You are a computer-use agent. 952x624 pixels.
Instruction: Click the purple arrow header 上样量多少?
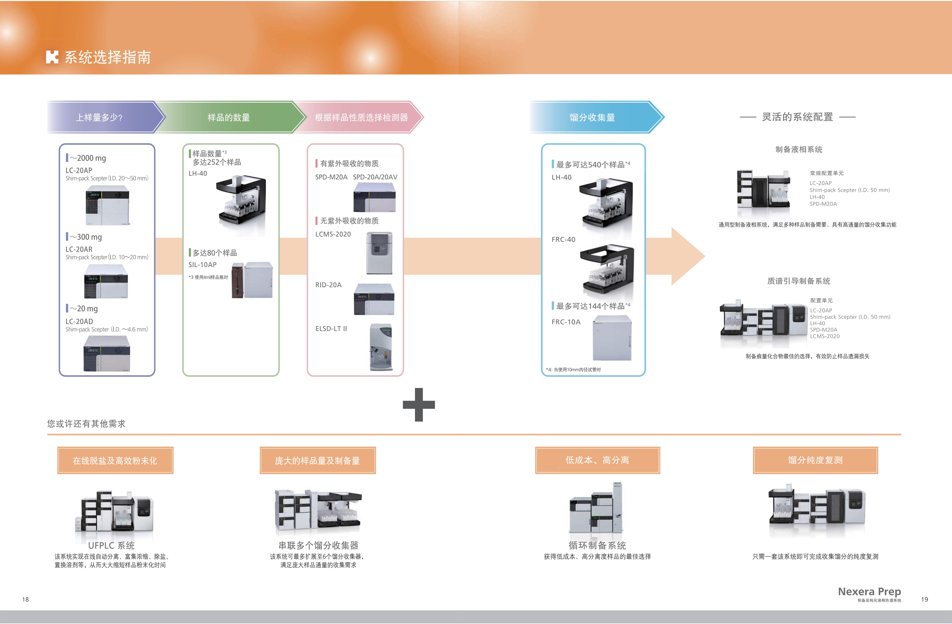[x=100, y=117]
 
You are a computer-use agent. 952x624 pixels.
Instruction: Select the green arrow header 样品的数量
[x=229, y=117]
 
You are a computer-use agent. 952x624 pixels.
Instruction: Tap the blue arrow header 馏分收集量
[x=592, y=117]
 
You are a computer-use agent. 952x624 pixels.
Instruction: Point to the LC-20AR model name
[x=79, y=249]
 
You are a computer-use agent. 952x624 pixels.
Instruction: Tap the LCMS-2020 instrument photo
[x=379, y=253]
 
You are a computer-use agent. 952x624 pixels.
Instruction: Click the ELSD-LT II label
[x=331, y=329]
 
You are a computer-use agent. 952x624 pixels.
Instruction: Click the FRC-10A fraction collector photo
[x=612, y=338]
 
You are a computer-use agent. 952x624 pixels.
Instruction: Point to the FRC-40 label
[x=563, y=239]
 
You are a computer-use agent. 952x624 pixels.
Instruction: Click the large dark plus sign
[x=419, y=405]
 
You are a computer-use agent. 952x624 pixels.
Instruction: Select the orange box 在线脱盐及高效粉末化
[x=115, y=461]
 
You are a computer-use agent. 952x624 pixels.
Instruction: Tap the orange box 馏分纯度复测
[x=815, y=460]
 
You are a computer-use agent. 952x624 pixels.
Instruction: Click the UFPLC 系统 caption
[x=111, y=545]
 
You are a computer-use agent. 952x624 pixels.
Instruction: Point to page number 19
[x=924, y=599]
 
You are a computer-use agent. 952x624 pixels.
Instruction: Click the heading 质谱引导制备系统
[x=798, y=281]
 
